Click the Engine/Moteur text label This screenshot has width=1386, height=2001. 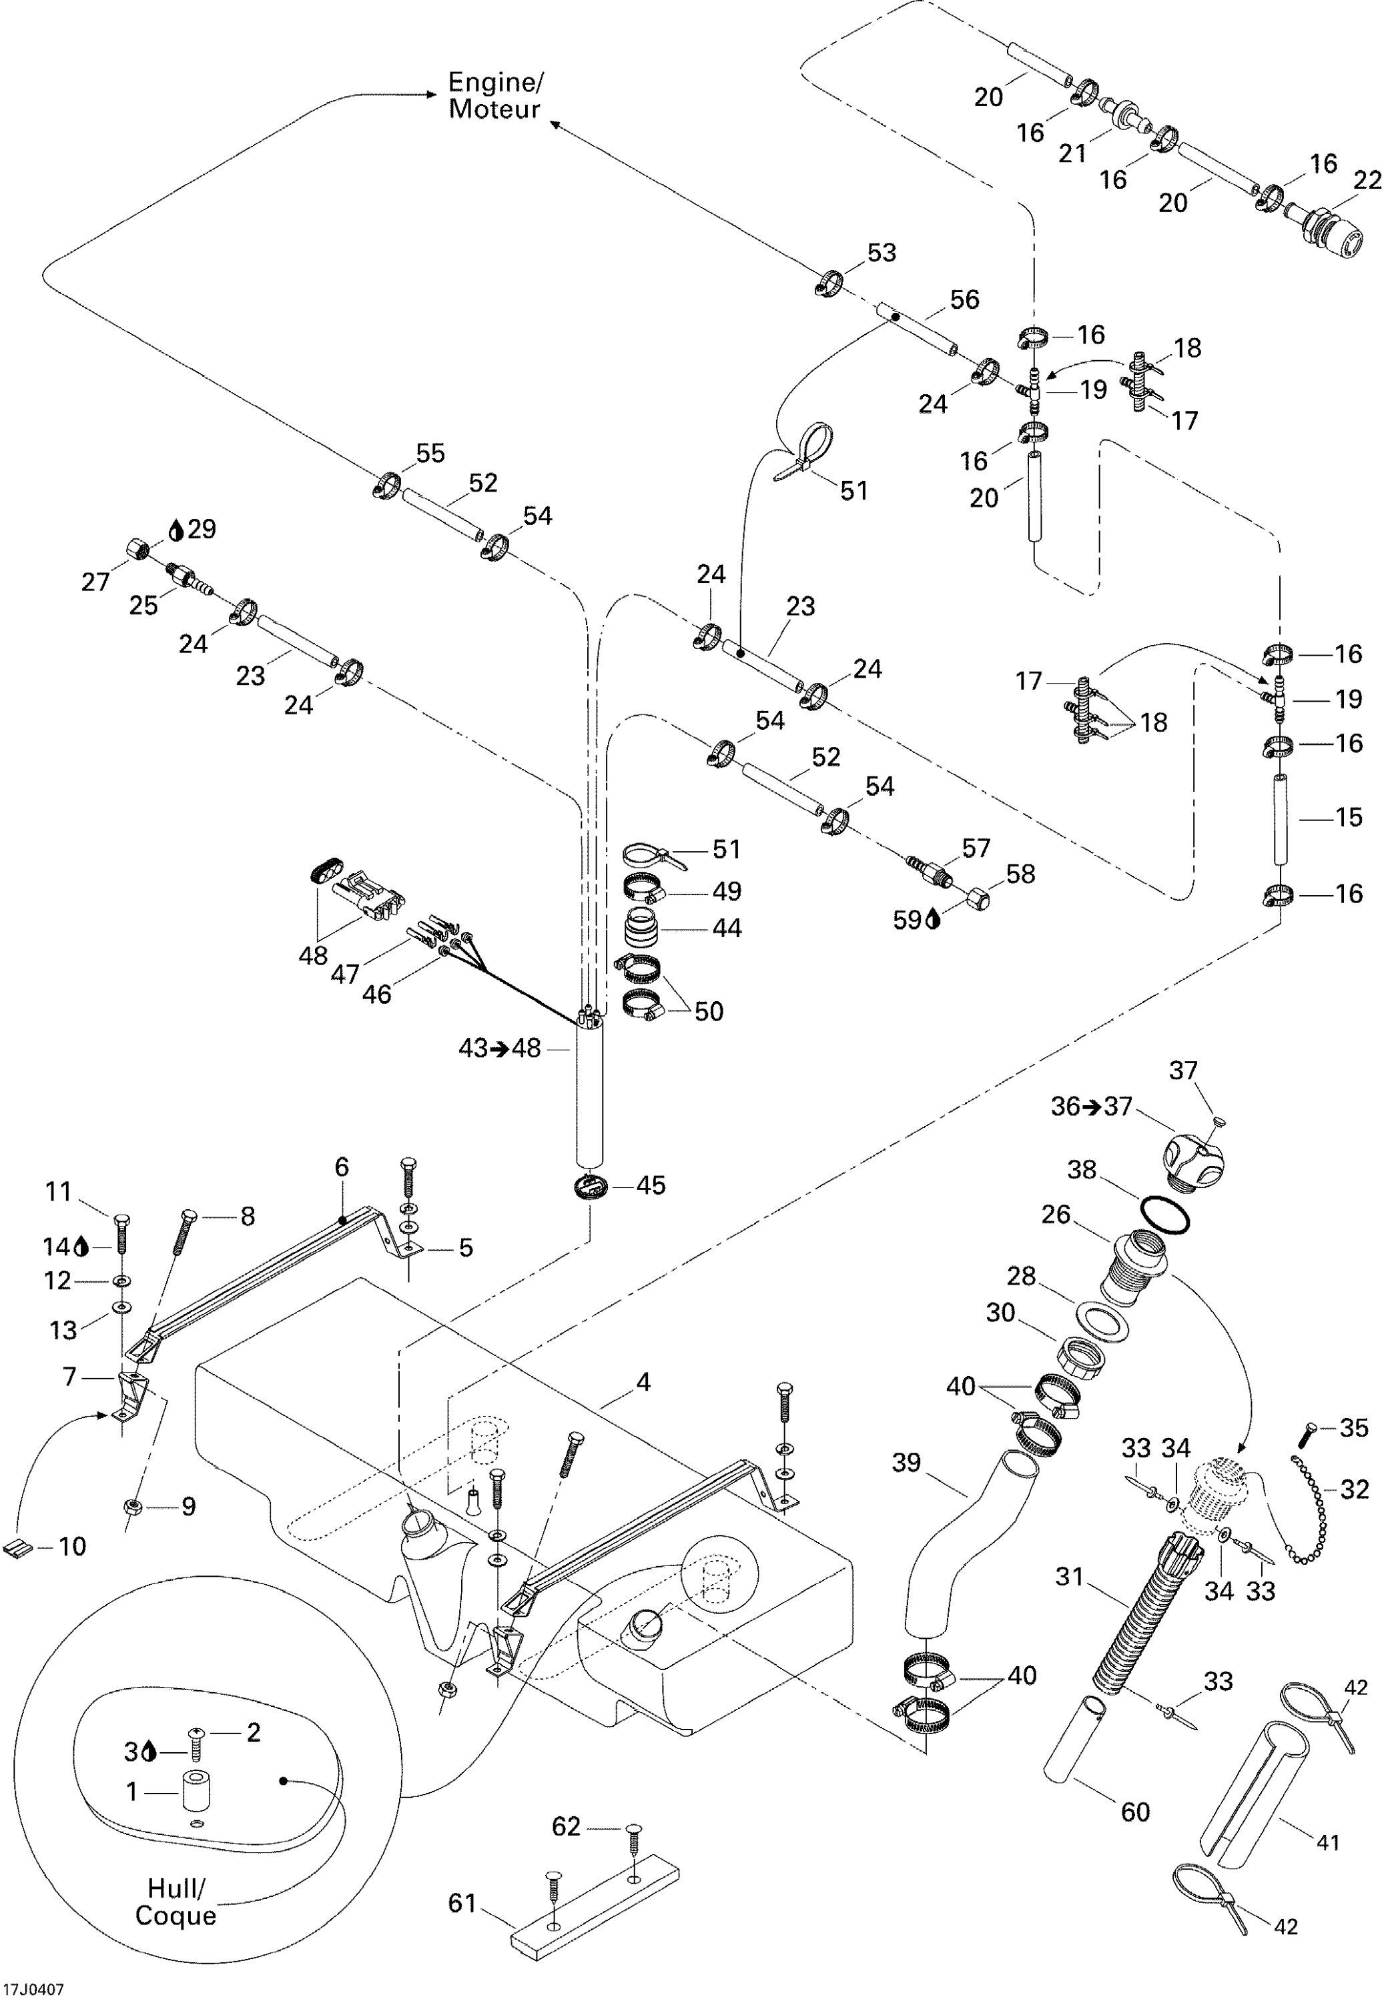495,95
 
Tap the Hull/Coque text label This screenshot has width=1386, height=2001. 176,1901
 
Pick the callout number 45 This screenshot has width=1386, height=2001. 651,1186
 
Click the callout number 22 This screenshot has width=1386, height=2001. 1367,181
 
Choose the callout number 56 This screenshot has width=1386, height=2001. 964,299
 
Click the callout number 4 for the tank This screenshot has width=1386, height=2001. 643,1382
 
